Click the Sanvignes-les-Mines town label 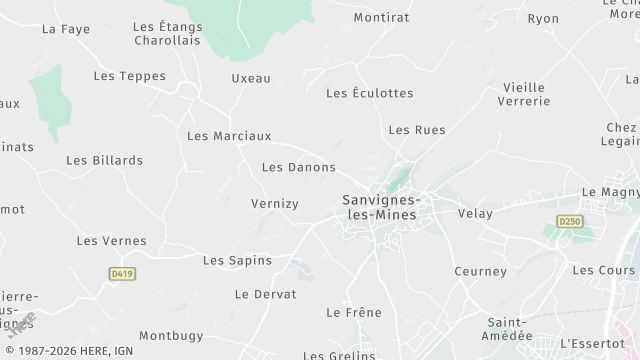click(381, 208)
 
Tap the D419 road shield click(121, 272)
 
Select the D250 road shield click(569, 221)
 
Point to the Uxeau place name click(251, 78)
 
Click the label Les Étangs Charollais click(168, 33)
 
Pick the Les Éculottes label click(369, 93)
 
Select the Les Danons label click(298, 167)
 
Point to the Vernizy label click(274, 204)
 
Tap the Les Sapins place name click(237, 261)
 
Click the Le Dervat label click(265, 294)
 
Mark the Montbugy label click(170, 336)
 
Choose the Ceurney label click(480, 271)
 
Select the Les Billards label click(104, 160)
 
